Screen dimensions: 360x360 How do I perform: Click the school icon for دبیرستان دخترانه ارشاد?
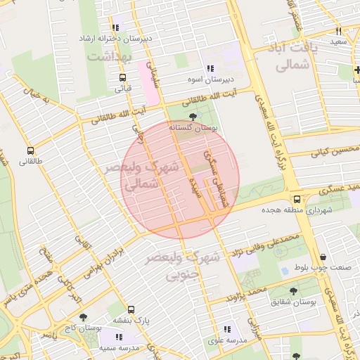pos(116,27)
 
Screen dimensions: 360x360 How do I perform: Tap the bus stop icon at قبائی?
pos(123,78)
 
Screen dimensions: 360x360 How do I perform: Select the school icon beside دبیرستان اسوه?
pos(210,69)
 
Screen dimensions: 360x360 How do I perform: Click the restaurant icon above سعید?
pos(339,32)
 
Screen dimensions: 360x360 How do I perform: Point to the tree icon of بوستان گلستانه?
pos(193,118)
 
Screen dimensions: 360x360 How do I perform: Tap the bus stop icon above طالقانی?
pos(30,150)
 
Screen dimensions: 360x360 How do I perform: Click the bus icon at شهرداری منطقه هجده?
pos(297,200)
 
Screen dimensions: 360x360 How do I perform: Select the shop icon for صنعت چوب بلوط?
pos(323,257)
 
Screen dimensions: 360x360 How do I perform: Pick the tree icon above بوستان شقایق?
pos(293,290)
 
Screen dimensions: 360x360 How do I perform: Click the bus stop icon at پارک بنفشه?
pos(131,309)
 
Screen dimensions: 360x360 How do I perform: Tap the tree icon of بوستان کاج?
pos(83,318)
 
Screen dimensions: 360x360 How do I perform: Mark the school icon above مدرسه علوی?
pos(226,329)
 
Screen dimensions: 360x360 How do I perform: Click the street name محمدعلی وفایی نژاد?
pos(261,244)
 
